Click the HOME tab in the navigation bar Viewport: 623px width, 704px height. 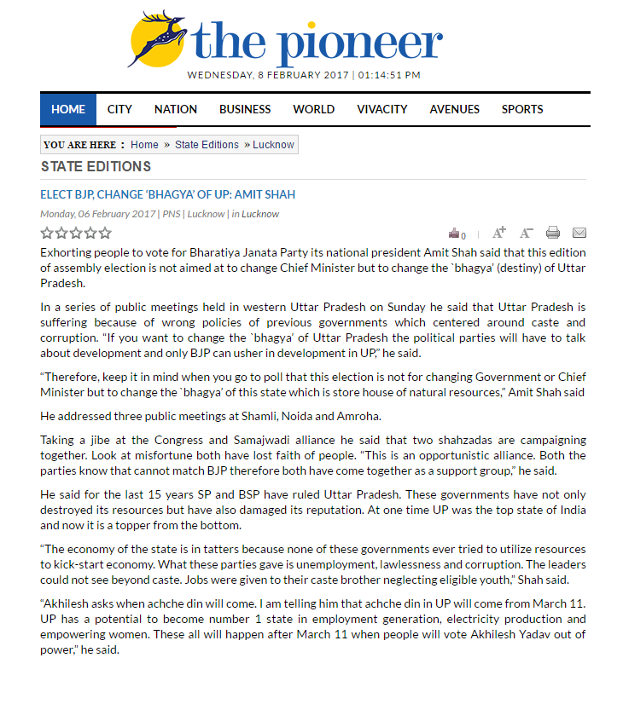point(68,109)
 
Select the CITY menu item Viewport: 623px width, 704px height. point(119,109)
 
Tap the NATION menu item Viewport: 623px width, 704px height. point(176,109)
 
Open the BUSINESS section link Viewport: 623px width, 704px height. point(245,109)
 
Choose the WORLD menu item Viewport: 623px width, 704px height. point(314,109)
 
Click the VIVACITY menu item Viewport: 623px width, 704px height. point(382,109)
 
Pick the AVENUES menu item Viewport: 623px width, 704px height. point(455,109)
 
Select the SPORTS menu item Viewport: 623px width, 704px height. point(522,109)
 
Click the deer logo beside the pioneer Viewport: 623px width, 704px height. point(159,38)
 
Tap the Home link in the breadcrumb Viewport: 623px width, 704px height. point(144,145)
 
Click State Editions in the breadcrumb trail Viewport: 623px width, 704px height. point(207,145)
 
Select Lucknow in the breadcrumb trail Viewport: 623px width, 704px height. point(273,145)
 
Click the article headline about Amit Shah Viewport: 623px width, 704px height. point(168,194)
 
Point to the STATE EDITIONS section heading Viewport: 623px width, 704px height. point(96,167)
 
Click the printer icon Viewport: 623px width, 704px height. point(553,233)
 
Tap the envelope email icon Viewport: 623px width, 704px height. point(579,233)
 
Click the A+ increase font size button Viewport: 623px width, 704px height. point(500,232)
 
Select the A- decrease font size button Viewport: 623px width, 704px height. point(527,233)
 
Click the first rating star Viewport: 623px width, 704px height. point(47,233)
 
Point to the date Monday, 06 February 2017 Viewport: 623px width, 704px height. point(98,214)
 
